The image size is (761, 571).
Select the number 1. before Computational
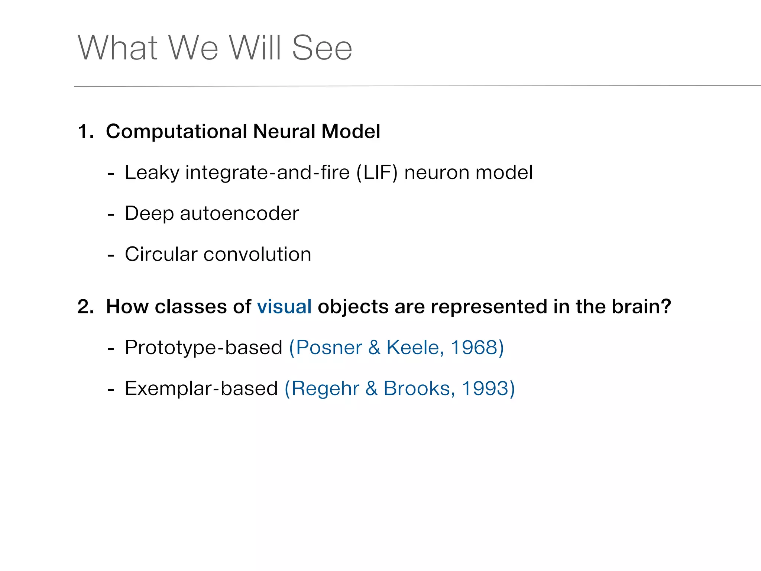(x=85, y=132)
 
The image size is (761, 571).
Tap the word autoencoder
(x=239, y=213)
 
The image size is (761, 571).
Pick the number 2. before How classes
(x=85, y=307)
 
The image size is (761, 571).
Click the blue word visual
(x=284, y=307)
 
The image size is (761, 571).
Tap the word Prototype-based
(x=203, y=348)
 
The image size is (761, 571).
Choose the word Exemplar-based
(x=201, y=389)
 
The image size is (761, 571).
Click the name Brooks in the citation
(x=418, y=388)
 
